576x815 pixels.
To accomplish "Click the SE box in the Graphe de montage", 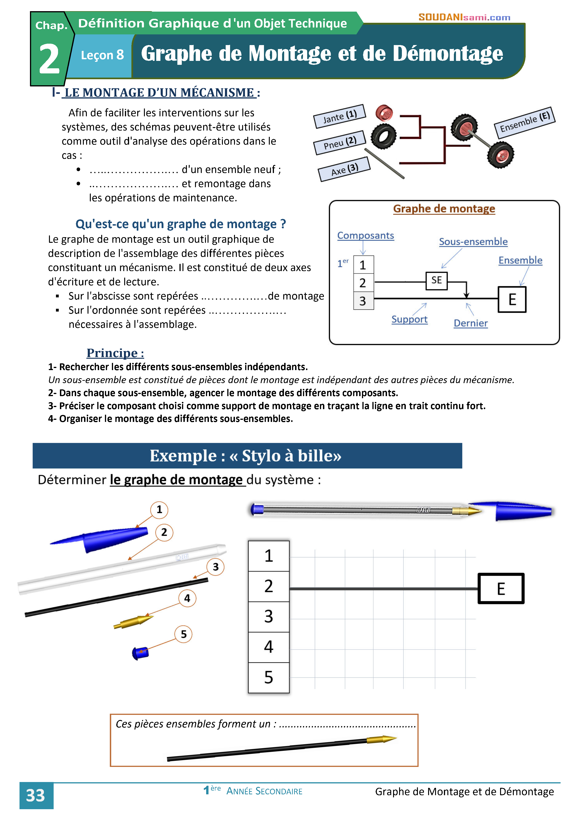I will coord(436,281).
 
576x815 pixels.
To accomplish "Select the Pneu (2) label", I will coord(340,143).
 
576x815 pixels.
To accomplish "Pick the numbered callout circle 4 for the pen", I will coord(187,598).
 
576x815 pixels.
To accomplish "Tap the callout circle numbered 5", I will coord(183,634).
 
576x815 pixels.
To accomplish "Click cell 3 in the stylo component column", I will coord(268,617).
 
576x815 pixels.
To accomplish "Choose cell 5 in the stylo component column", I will coord(268,677).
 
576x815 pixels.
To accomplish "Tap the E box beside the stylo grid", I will coord(501,588).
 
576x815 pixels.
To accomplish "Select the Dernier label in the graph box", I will coord(471,323).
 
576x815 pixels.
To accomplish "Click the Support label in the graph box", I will coord(409,319).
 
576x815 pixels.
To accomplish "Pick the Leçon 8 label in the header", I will coord(102,55).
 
